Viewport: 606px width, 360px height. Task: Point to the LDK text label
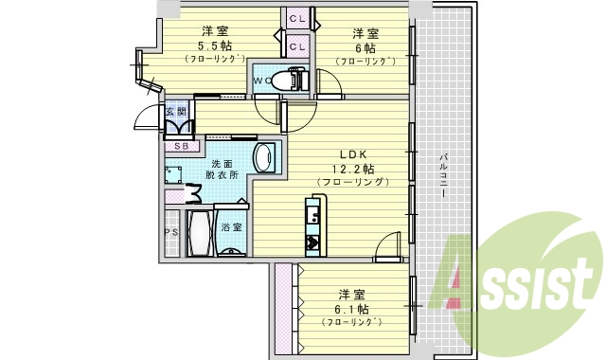[x=353, y=155]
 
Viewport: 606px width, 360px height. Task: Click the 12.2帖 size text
[x=353, y=169]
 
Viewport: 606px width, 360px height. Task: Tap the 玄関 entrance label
[x=176, y=113]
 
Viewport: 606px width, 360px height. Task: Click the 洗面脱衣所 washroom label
[x=223, y=169]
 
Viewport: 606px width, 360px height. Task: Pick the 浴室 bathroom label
[x=231, y=227]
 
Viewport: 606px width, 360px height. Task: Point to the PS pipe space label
[x=171, y=232]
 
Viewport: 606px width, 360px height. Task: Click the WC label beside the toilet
[x=261, y=81]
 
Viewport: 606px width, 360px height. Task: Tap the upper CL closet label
[x=297, y=18]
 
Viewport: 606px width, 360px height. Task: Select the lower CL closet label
[x=297, y=45]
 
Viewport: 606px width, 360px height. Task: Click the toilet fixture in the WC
[x=287, y=80]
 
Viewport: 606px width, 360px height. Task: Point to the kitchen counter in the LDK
[x=312, y=224]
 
